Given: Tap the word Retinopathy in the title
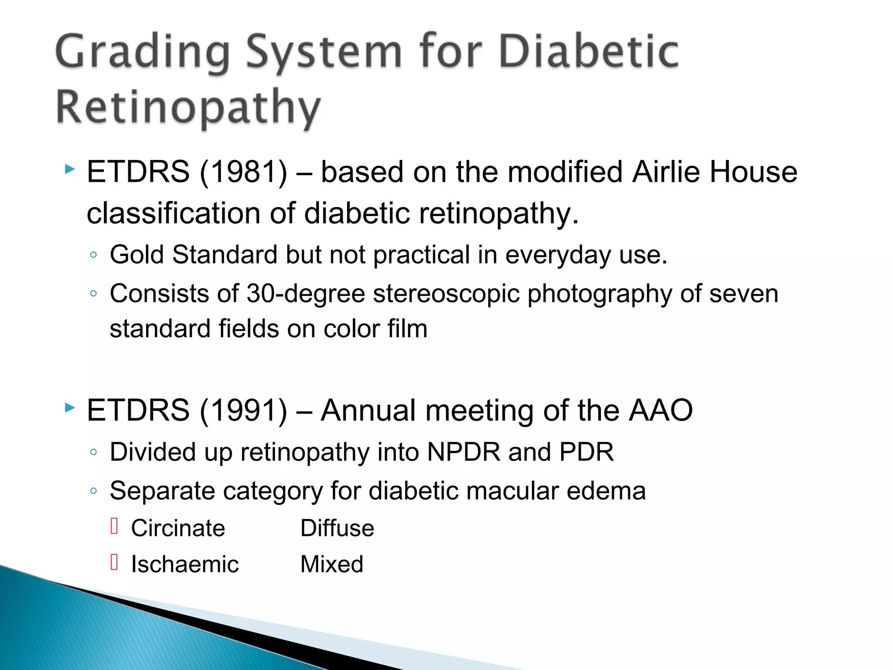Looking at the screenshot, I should (x=188, y=107).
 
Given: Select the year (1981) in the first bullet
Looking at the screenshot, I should (x=243, y=171).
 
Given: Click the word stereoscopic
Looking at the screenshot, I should (x=446, y=294).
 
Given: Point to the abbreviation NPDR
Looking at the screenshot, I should (x=464, y=452).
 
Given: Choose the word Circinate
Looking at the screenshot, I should (x=178, y=528).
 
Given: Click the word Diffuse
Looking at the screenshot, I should (x=337, y=528).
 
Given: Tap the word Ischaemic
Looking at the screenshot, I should (x=185, y=564).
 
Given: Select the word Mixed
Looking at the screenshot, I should (x=331, y=564).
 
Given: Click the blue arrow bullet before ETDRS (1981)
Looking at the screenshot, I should (x=69, y=169).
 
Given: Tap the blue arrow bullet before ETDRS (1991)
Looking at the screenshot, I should (x=69, y=408).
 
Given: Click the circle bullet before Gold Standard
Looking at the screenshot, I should (x=93, y=255).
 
